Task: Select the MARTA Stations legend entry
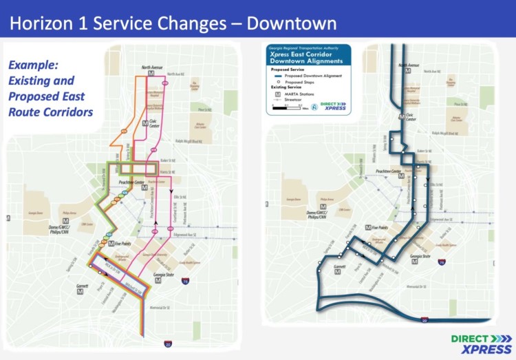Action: (305, 94)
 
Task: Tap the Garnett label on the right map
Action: (339, 266)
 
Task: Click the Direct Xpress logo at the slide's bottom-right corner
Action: (482, 343)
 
